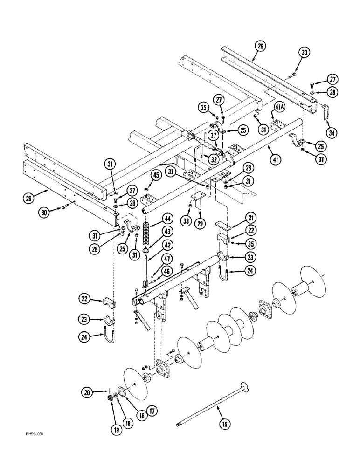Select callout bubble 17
point(151,410)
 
